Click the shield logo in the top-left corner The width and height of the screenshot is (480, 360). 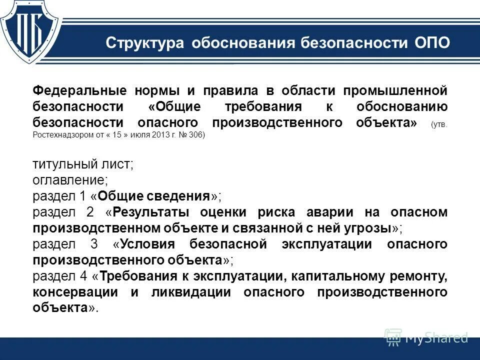[x=31, y=29]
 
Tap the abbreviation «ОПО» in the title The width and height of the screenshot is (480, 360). [x=433, y=43]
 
